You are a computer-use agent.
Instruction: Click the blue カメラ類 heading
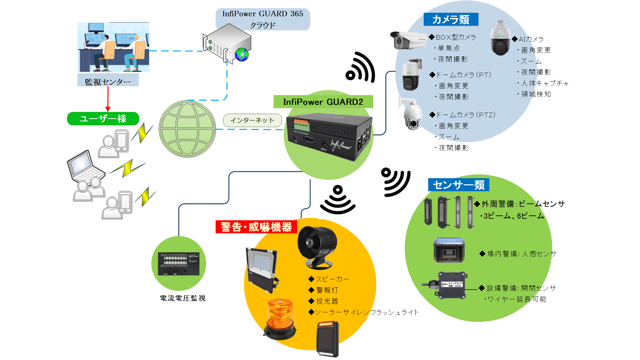point(451,19)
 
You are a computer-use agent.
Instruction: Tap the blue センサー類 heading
point(458,185)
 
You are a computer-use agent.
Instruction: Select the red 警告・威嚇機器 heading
point(256,227)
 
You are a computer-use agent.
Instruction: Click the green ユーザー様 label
point(103,119)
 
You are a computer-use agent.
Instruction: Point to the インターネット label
point(252,120)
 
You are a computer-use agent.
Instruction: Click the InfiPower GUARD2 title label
point(323,102)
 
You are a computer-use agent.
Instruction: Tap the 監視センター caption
point(108,81)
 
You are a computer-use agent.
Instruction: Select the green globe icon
point(187,129)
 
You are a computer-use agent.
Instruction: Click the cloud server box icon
point(227,43)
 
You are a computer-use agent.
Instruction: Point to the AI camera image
point(500,38)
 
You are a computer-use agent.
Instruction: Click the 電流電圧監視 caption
point(183,298)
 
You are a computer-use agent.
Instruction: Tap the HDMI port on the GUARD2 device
point(309,139)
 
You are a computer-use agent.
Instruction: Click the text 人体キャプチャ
point(545,83)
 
